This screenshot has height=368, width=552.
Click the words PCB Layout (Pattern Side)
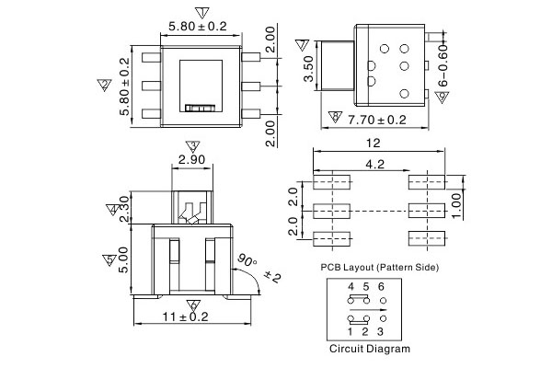pyautogui.click(x=379, y=266)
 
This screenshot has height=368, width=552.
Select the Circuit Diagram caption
pyautogui.click(x=370, y=350)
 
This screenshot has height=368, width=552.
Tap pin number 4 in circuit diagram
pyautogui.click(x=351, y=287)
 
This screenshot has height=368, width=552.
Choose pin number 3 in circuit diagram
pyautogui.click(x=381, y=330)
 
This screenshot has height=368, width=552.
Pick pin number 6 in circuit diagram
pyautogui.click(x=380, y=287)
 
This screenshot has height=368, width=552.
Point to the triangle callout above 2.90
pyautogui.click(x=191, y=146)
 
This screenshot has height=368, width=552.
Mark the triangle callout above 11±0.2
pyautogui.click(x=192, y=304)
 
